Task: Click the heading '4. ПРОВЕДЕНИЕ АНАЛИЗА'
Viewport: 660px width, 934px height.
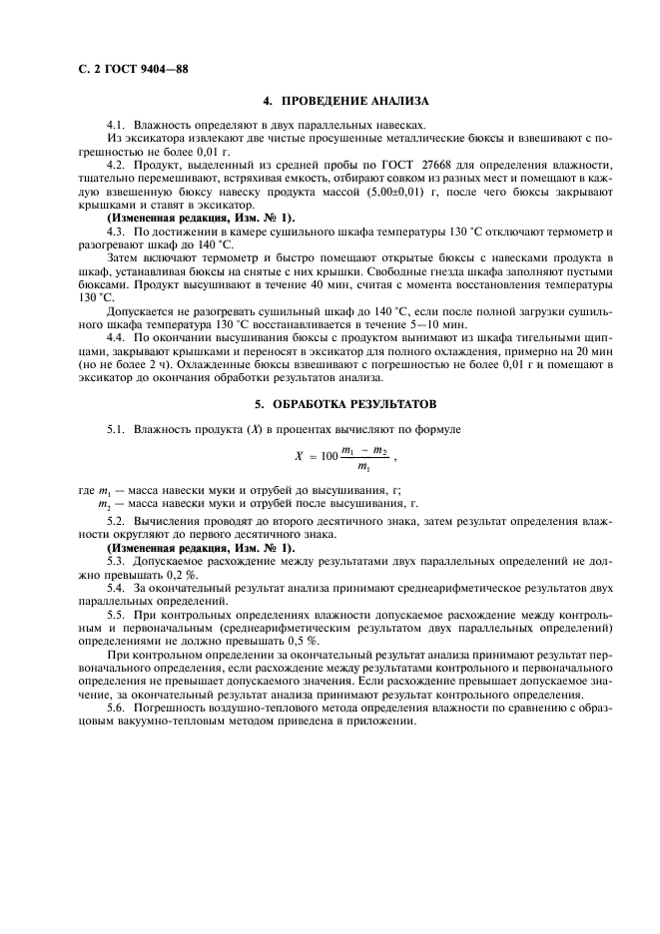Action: [x=344, y=102]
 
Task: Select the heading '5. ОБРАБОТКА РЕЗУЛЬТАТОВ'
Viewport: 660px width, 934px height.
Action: [x=344, y=402]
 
